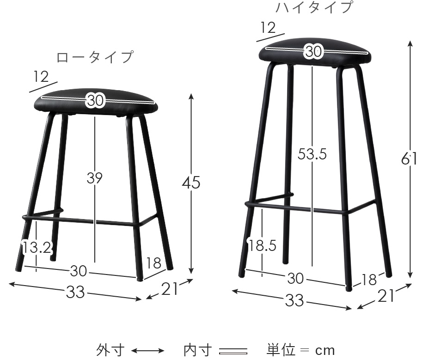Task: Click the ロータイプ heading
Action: (x=95, y=57)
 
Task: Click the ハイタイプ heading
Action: (x=314, y=7)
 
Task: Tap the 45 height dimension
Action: (x=191, y=183)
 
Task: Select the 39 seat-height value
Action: (x=95, y=178)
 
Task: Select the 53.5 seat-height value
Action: (x=312, y=154)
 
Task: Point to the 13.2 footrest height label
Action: (x=37, y=247)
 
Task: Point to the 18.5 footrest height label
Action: (x=262, y=246)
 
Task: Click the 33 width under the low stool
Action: (x=75, y=292)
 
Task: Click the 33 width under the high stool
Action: (x=295, y=300)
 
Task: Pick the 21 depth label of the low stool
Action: (x=170, y=289)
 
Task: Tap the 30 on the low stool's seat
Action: (x=95, y=101)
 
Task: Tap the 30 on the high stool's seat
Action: (x=313, y=51)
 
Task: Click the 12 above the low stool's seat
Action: (x=41, y=77)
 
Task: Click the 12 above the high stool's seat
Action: (x=269, y=28)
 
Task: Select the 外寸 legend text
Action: (x=110, y=350)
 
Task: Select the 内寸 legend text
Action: (x=198, y=350)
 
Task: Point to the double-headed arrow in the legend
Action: (x=148, y=351)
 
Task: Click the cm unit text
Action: (x=325, y=351)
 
